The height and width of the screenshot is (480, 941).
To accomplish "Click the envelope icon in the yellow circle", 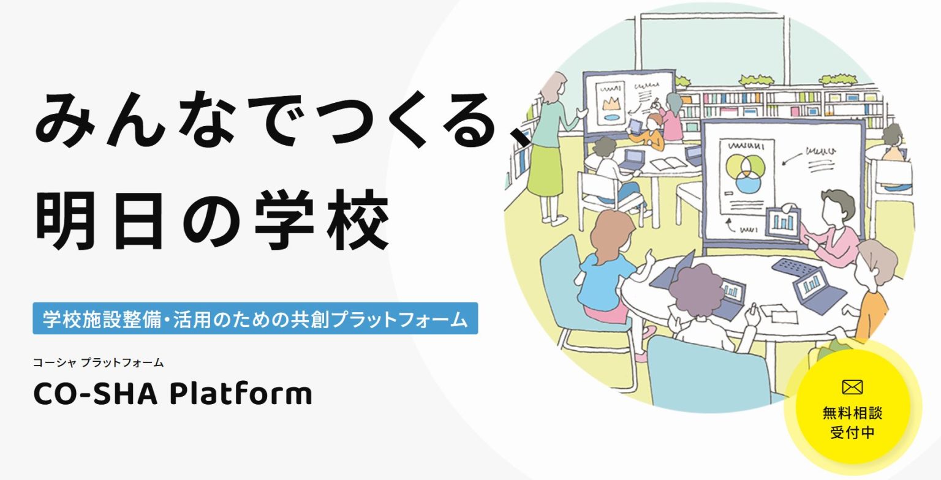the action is click(x=852, y=387).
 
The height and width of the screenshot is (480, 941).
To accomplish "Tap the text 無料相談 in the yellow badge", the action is click(x=852, y=413).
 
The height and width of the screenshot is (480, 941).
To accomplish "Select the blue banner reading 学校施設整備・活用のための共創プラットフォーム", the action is click(x=255, y=318).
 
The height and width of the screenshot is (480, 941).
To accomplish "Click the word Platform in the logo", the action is click(x=241, y=394).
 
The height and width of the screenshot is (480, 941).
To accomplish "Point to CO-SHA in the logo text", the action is click(x=96, y=394).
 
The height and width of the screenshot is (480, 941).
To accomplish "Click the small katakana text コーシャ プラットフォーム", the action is click(x=98, y=362).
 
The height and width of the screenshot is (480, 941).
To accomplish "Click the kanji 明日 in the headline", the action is click(x=99, y=220).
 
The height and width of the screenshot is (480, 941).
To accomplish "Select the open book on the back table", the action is click(x=668, y=163).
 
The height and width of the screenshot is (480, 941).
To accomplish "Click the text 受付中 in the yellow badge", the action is click(x=852, y=432).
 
